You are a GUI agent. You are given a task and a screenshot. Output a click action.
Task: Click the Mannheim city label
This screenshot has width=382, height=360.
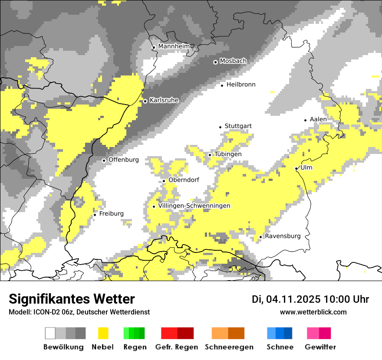coord(174,46)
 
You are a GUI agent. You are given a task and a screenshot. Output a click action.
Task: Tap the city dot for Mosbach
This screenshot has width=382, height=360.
coord(215,62)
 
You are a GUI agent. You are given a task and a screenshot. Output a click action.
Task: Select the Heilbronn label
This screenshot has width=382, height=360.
coord(241,85)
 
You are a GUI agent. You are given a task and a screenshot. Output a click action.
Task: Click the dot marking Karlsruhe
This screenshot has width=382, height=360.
coord(145,101)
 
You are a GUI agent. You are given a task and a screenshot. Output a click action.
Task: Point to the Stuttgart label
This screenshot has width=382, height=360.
coord(238,126)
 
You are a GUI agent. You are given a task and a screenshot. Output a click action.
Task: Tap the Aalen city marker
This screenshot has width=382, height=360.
coord(306,120)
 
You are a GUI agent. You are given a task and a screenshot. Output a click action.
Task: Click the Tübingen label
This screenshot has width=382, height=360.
coord(228,154)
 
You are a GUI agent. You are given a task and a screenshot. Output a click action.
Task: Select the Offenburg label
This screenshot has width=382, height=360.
coord(123,160)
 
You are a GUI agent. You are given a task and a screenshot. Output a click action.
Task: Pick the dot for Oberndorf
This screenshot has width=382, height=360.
coord(164,181)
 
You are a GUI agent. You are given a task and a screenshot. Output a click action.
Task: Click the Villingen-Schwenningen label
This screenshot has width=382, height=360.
coord(194,206)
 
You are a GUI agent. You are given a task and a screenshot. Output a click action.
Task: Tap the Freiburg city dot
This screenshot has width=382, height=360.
coord(95,215)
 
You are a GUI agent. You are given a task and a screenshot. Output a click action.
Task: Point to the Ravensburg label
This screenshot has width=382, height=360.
coord(283,236)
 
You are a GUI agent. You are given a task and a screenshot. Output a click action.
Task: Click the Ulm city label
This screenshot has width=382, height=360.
coord(306,167)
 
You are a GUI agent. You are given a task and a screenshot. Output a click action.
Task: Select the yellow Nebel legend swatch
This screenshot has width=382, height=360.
coord(103,333)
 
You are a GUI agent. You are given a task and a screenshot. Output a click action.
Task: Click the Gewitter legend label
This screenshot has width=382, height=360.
coord(320,347)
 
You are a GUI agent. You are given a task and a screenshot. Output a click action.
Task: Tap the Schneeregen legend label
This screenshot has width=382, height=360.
coord(229,347)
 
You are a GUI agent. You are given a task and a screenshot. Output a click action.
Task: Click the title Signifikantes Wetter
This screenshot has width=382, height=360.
coord(72,299)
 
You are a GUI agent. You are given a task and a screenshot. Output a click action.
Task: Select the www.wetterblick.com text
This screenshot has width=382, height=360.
coord(313,312)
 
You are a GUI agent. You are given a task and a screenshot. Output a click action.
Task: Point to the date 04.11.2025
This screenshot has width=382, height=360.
coord(293,299)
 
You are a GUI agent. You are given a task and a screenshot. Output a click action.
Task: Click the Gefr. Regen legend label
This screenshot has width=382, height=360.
coord(177,347)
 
